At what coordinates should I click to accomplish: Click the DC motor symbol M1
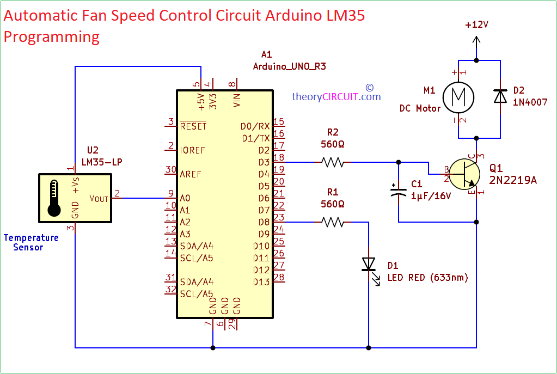pos(458,97)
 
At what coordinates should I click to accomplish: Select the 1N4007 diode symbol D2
pos(500,96)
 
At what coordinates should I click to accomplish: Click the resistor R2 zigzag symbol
pos(333,162)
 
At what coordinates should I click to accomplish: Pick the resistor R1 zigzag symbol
pos(333,222)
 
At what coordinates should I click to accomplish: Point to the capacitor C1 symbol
pos(399,191)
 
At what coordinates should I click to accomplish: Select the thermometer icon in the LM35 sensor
pos(53,198)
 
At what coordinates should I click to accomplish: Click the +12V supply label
pos(476,25)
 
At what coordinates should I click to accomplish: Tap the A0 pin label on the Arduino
pos(185,198)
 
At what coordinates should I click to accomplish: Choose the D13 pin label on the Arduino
pos(261,282)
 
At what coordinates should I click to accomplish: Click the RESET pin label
pos(193,126)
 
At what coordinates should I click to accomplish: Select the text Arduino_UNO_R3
pos(289,66)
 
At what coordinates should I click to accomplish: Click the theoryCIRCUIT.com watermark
pos(336,97)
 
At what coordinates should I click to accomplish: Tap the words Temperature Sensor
pos(31,242)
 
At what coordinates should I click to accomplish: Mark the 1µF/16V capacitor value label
pos(431,196)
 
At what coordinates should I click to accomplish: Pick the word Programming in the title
pos(52,36)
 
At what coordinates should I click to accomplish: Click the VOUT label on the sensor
pos(99,198)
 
